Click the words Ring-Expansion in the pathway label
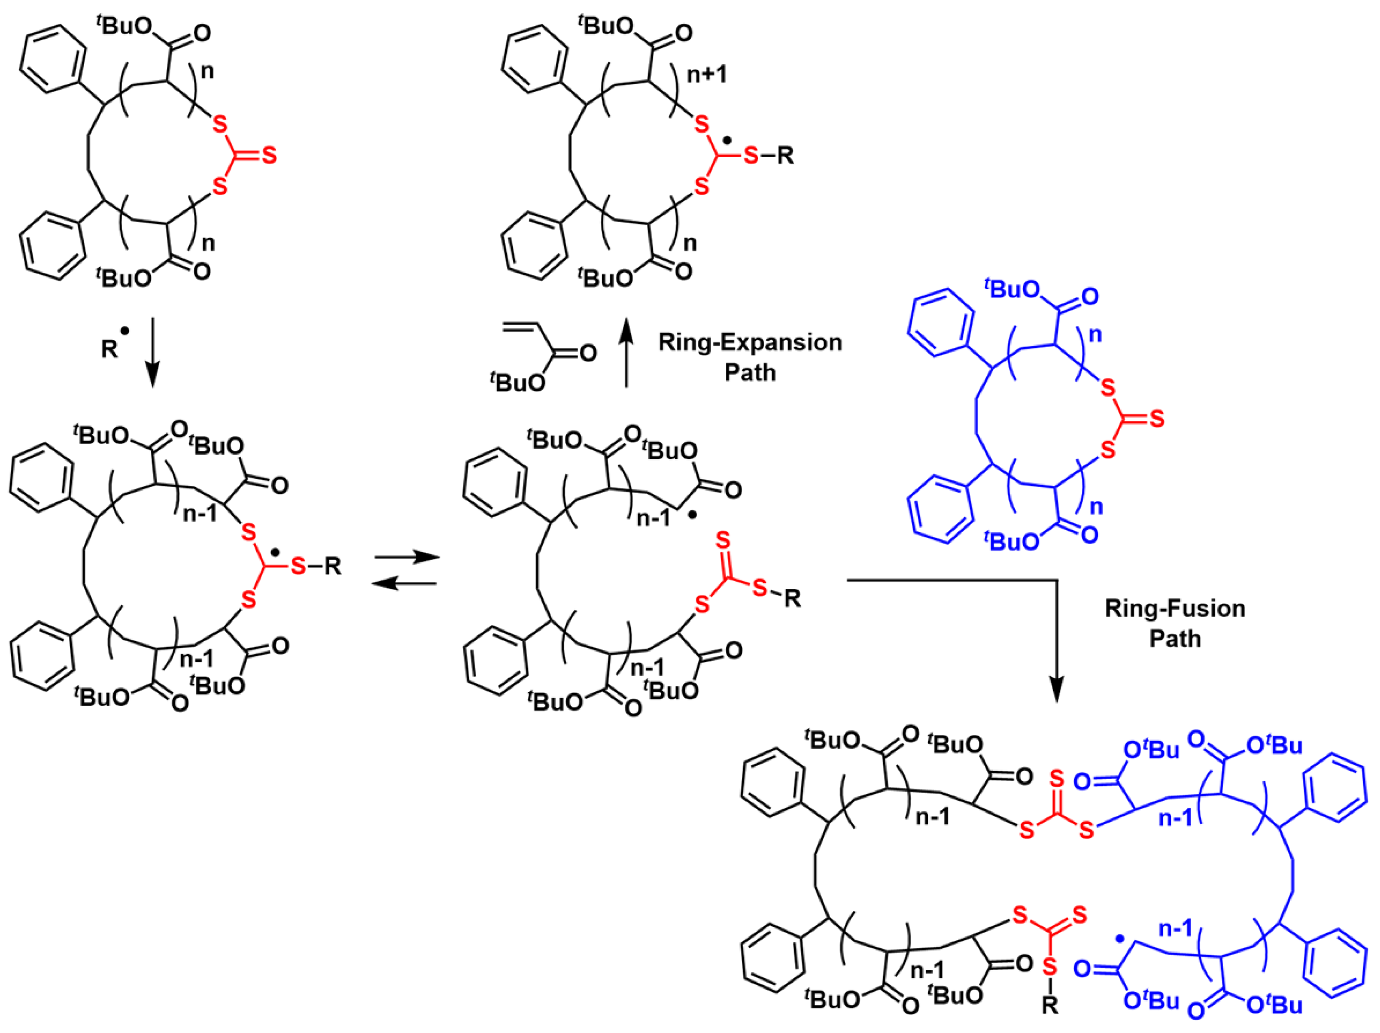click(750, 343)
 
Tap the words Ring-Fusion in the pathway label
click(1175, 608)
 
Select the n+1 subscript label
click(707, 75)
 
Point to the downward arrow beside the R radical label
click(152, 353)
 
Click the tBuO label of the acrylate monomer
click(518, 381)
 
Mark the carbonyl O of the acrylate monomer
click(588, 354)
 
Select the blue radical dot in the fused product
click(1119, 938)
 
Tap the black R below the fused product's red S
click(1050, 1005)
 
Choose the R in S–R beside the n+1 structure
click(786, 156)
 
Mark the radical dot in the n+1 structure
click(727, 139)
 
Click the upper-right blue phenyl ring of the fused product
click(1334, 789)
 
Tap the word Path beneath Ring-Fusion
click(1175, 638)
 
